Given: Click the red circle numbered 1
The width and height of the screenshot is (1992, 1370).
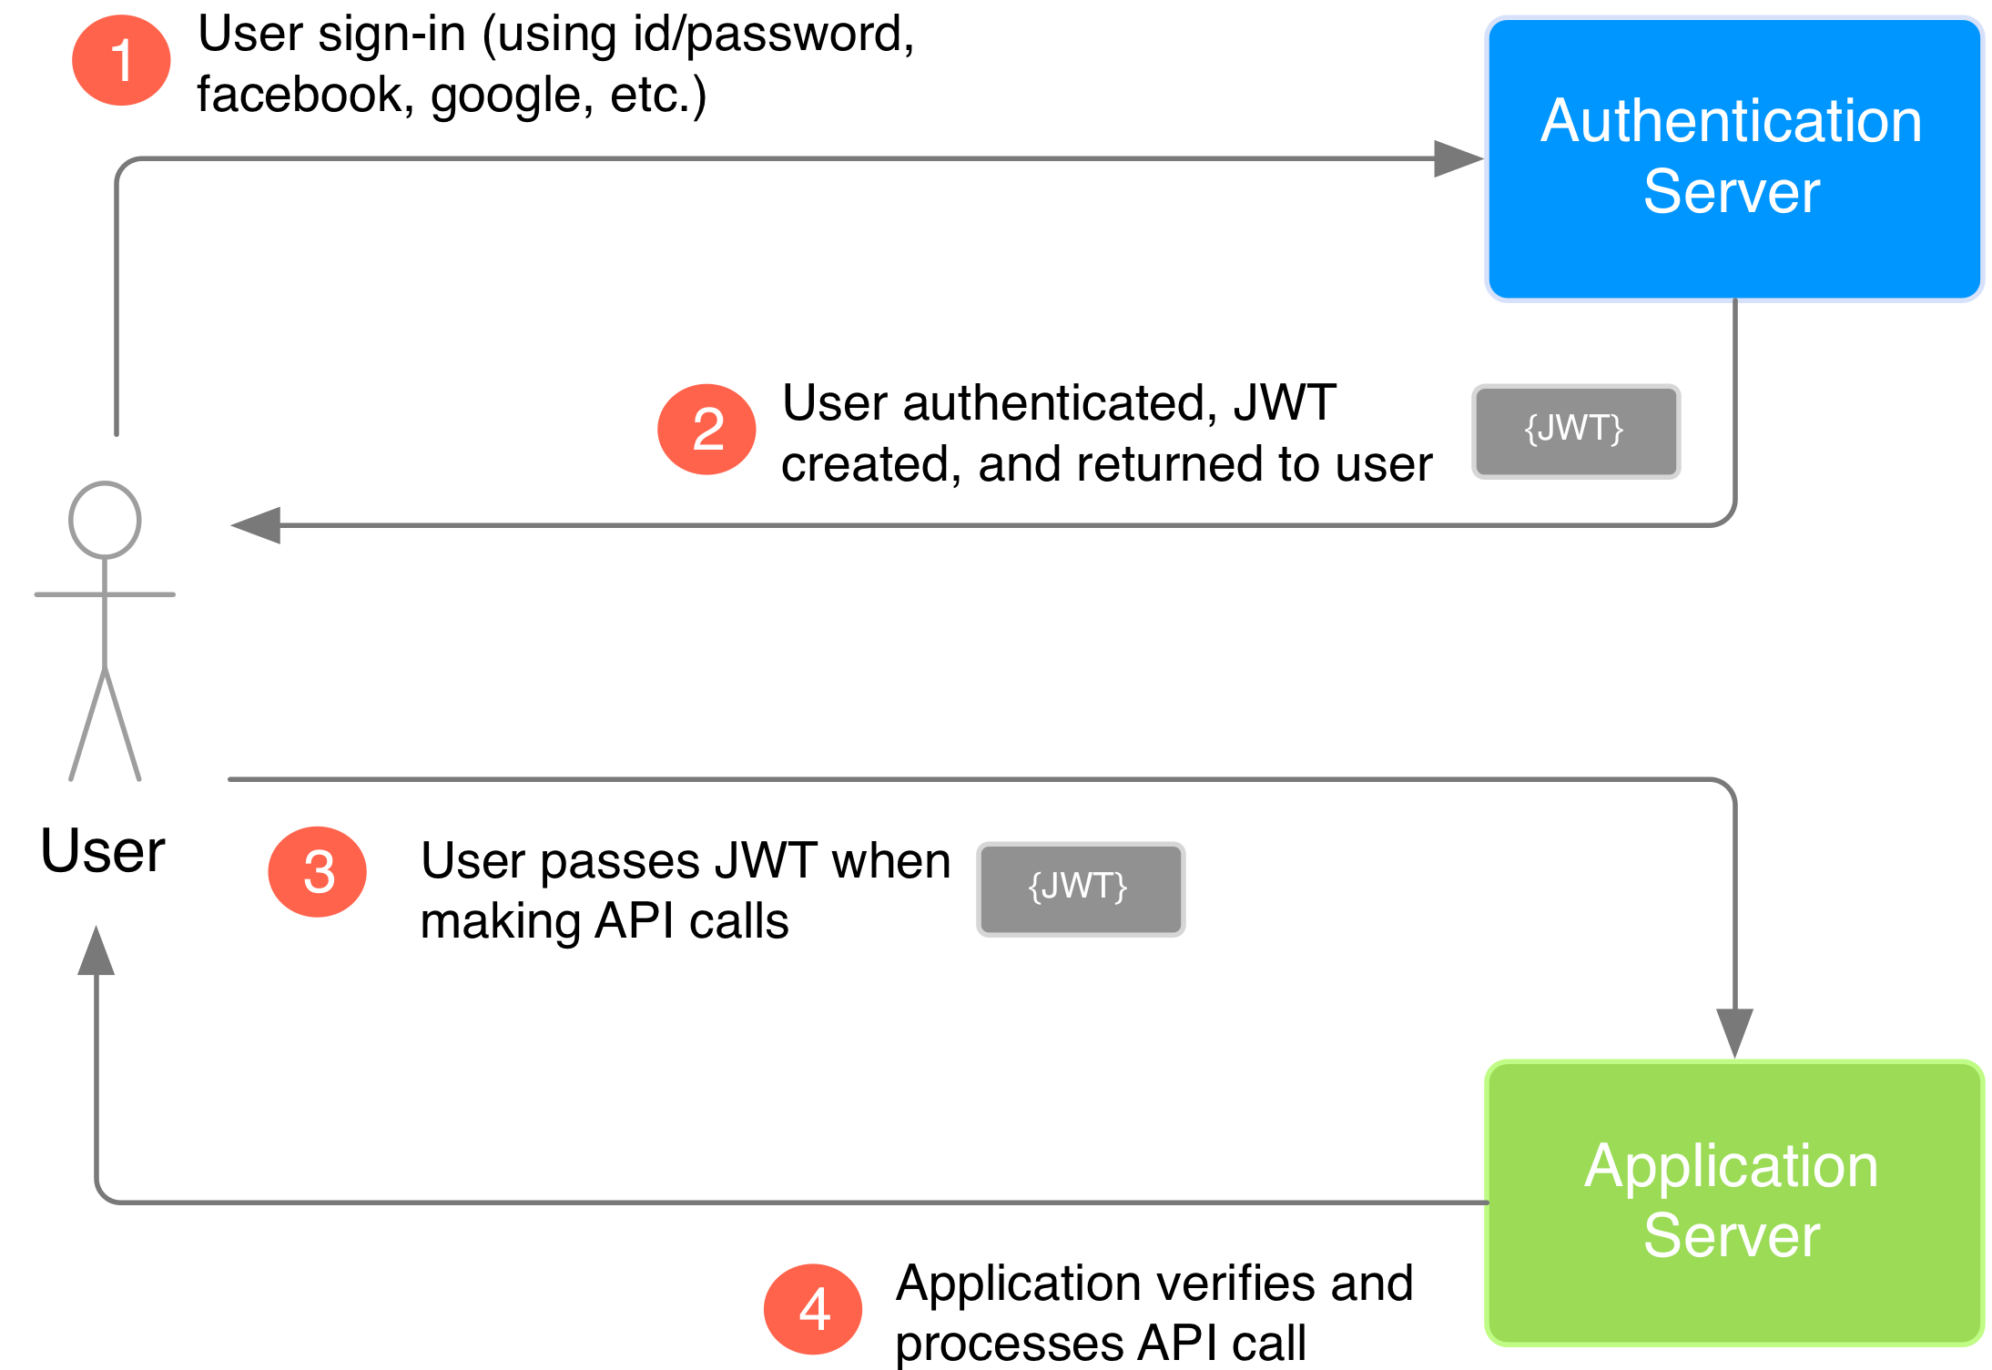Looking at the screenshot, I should click(121, 60).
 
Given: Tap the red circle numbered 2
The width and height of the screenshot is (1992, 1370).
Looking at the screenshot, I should click(706, 429).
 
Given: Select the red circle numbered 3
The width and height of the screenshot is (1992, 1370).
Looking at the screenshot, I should click(318, 871).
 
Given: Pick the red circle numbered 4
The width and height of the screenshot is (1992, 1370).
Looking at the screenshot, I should click(813, 1308).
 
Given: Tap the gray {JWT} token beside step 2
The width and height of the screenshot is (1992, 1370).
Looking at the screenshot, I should click(1575, 431).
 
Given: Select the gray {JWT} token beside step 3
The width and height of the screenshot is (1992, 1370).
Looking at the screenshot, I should click(1080, 888).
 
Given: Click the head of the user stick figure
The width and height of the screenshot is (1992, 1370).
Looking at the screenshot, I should click(105, 520).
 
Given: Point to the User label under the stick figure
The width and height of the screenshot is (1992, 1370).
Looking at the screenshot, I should click(103, 851).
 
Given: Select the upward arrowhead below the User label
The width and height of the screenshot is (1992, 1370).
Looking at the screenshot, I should click(97, 952).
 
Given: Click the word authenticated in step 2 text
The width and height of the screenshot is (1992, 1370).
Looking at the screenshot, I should click(1060, 403).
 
